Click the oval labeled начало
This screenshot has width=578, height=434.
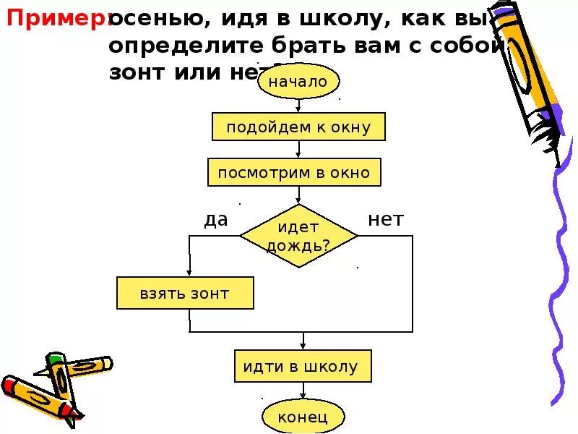click(298, 82)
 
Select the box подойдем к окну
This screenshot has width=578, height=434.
click(298, 127)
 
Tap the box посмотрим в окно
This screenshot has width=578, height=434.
click(293, 173)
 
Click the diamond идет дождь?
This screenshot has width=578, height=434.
click(298, 235)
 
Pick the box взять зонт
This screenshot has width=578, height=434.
click(185, 294)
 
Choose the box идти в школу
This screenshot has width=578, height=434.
click(302, 367)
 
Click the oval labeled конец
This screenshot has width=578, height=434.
click(303, 416)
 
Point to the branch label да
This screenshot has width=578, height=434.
click(215, 220)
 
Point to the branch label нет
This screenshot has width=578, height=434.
click(385, 220)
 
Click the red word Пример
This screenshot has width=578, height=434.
click(56, 20)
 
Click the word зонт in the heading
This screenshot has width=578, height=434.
click(137, 73)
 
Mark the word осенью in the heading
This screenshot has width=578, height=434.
click(155, 20)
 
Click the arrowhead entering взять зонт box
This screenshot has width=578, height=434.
click(189, 273)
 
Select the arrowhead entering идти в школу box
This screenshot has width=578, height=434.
click(303, 346)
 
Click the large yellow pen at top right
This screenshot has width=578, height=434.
click(531, 65)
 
